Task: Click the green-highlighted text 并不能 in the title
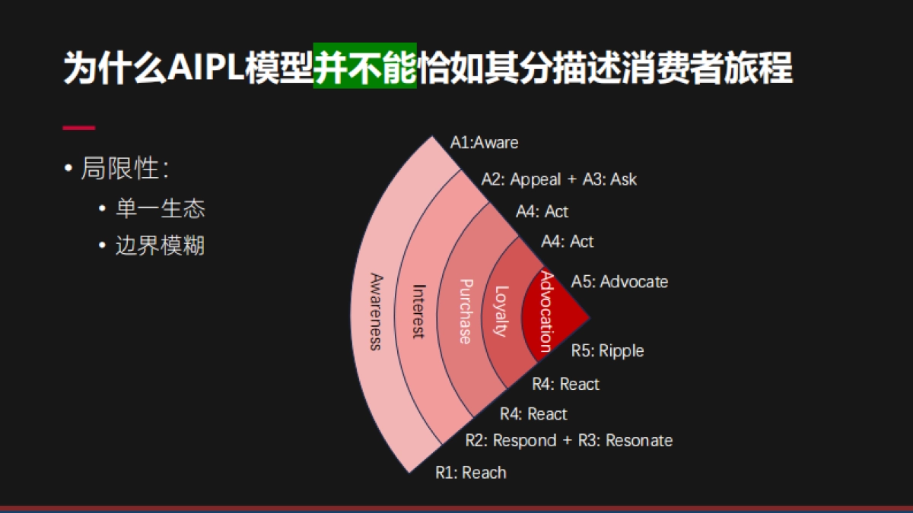(x=364, y=67)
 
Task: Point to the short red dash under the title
(x=78, y=128)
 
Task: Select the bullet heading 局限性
(x=124, y=169)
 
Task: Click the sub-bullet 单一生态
(x=160, y=208)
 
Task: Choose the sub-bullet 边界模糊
(x=160, y=245)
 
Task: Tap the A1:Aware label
(x=485, y=142)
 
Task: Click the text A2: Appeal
(x=520, y=179)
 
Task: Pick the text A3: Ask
(x=609, y=179)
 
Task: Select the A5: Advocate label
(x=619, y=281)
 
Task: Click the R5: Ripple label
(x=607, y=350)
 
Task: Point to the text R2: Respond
(x=511, y=440)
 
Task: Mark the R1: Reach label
(x=470, y=473)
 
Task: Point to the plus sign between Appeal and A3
(x=572, y=180)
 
